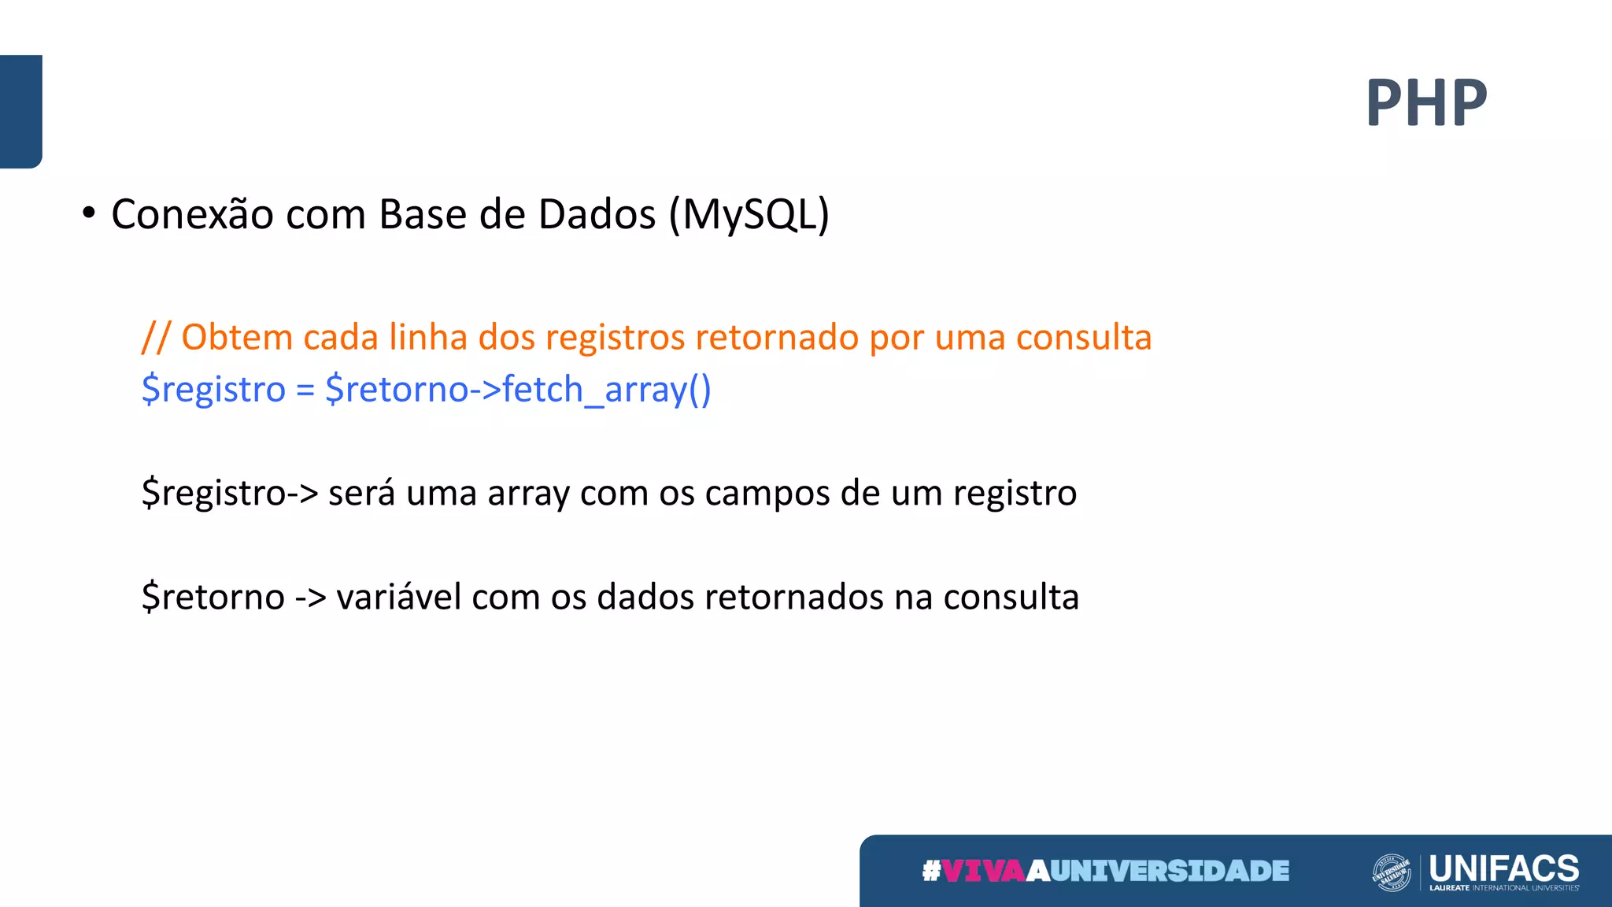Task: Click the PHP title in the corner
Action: tap(1426, 103)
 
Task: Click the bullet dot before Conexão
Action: tap(89, 213)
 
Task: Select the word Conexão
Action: tap(192, 214)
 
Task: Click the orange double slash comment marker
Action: tap(155, 338)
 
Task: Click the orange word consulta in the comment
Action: tap(1083, 338)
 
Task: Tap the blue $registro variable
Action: tap(213, 390)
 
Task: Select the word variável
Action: tap(398, 598)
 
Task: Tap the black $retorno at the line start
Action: tap(213, 598)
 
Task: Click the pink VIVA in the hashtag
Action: tap(983, 871)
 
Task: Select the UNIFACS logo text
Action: tap(1503, 868)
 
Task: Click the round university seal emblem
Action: tap(1391, 872)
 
